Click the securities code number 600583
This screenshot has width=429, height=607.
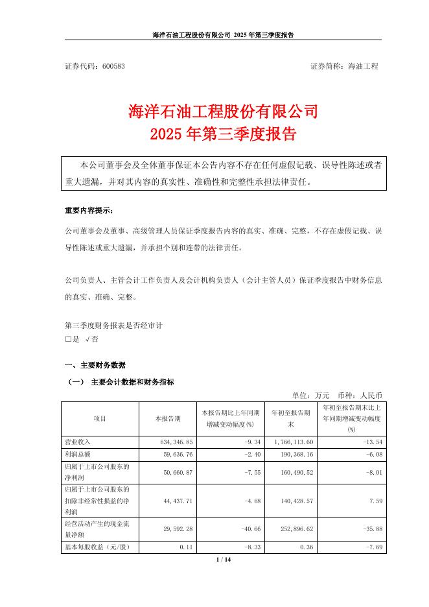pos(113,67)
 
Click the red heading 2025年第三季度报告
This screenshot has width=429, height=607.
pos(214,135)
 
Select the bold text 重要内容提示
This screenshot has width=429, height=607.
pos(89,211)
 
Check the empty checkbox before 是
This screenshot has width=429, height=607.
pos(67,339)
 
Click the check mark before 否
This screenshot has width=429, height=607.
pos(87,339)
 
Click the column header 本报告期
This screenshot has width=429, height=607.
pos(168,419)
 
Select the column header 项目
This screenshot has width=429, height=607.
pos(100,419)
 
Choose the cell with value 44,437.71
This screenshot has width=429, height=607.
pos(167,501)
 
